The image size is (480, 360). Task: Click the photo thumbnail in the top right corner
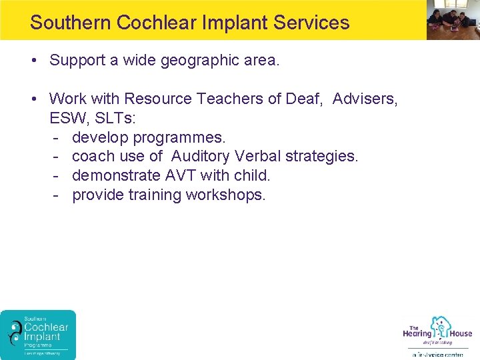click(x=453, y=20)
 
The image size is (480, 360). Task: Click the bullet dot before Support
click(x=33, y=61)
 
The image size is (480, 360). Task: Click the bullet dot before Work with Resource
click(x=33, y=99)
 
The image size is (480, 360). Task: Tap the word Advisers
click(x=365, y=99)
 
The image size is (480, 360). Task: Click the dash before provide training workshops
click(x=57, y=195)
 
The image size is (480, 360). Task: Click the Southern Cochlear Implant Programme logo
click(x=39, y=335)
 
